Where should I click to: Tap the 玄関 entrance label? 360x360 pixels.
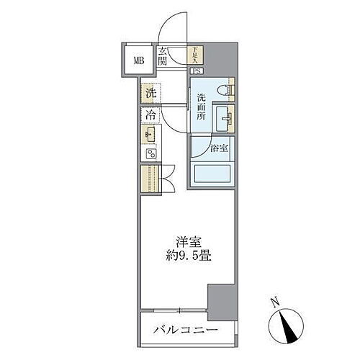click(x=163, y=55)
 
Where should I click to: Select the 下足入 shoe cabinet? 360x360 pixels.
click(x=196, y=55)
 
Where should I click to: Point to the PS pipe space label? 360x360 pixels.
click(x=196, y=71)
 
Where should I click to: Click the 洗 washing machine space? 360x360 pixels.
click(x=150, y=93)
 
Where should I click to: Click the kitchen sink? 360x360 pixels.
click(x=150, y=135)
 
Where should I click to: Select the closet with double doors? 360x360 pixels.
click(x=150, y=177)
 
